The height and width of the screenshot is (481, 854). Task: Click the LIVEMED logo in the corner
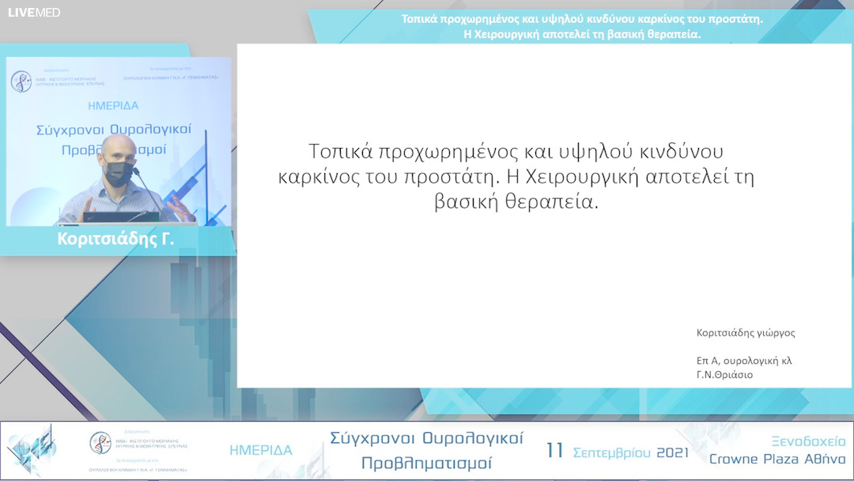pyautogui.click(x=34, y=13)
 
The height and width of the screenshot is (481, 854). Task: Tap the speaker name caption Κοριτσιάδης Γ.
pyautogui.click(x=115, y=240)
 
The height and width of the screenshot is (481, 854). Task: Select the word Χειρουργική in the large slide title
pyautogui.click(x=572, y=176)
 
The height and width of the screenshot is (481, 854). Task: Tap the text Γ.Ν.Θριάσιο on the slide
pyautogui.click(x=719, y=375)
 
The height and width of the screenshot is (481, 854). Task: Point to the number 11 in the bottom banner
pyautogui.click(x=555, y=451)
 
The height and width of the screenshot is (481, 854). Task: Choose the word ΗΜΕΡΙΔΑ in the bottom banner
pyautogui.click(x=261, y=450)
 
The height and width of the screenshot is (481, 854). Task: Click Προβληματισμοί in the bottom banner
pyautogui.click(x=426, y=463)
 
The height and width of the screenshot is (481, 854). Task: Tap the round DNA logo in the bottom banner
pyautogui.click(x=100, y=442)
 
